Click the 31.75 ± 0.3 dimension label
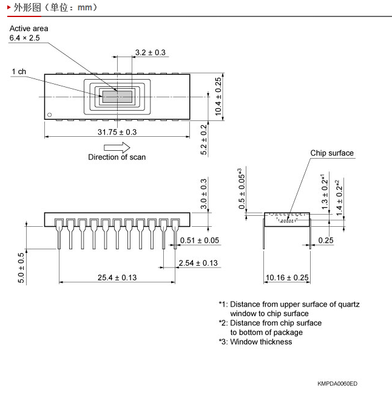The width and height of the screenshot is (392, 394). pos(117,132)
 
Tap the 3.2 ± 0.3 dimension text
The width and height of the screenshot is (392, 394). pos(150,52)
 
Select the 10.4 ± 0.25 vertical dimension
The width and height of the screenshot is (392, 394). pos(218,97)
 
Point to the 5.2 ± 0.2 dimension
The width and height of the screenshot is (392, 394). pos(204,139)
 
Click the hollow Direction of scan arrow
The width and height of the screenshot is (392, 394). pos(117,147)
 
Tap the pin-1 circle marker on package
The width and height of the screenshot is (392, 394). pos(49,114)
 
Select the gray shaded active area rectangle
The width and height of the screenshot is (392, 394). pos(117,97)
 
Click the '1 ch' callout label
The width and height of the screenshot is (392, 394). pos(19,72)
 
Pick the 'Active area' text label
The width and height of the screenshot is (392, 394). pos(29,29)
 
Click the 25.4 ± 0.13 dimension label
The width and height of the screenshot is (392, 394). pos(117,277)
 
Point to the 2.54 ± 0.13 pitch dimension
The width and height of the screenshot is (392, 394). pos(198,263)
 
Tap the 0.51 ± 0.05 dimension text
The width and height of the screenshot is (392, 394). pos(200,240)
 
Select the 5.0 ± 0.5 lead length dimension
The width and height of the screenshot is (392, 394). pos(21,268)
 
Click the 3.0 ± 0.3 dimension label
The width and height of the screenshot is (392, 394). pos(204,194)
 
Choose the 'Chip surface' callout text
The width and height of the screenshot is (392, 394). pos(332,153)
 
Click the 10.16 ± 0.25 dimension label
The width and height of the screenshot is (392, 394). pos(287,277)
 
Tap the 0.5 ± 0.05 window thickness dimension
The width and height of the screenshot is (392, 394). pos(242,188)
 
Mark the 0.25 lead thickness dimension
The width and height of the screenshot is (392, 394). pos(326,240)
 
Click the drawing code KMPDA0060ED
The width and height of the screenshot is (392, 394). pos(337,384)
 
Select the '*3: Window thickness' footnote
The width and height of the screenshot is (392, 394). pos(255,342)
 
